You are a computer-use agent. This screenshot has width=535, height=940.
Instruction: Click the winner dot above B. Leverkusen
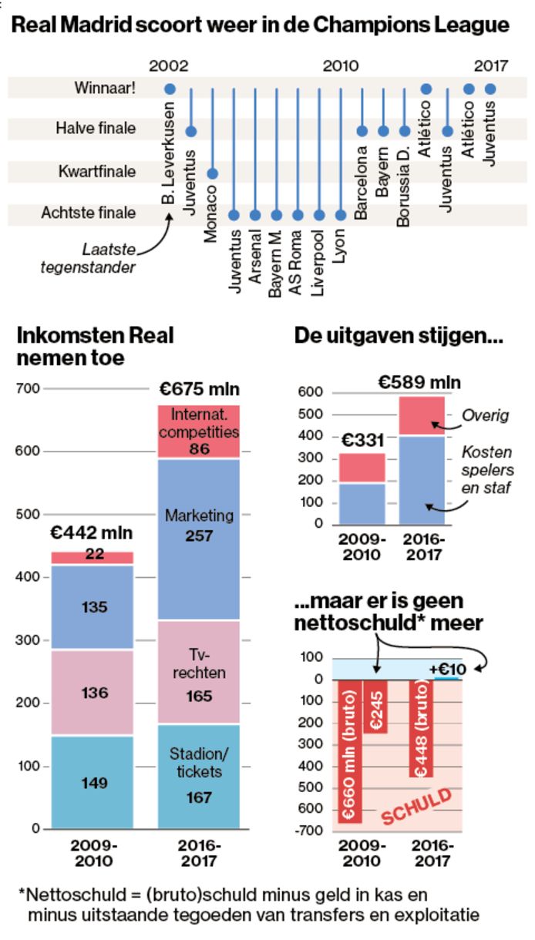(170, 89)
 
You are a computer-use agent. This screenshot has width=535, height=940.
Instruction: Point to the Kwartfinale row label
(97, 171)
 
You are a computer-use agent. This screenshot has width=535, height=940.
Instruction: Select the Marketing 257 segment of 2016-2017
(199, 524)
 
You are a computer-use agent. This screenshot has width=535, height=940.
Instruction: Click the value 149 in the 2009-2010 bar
(94, 783)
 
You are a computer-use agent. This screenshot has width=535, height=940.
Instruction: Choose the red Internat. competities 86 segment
(199, 431)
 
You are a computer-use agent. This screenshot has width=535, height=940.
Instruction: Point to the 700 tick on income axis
(28, 388)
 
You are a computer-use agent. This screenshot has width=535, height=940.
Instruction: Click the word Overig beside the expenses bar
(486, 416)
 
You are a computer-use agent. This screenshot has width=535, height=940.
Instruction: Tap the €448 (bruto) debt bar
(422, 727)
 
